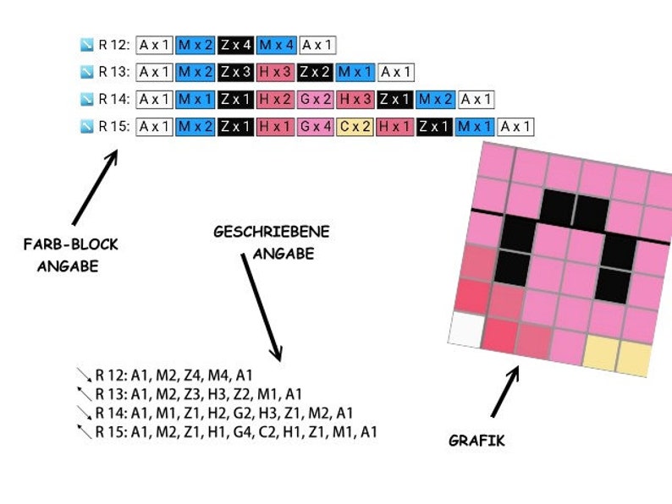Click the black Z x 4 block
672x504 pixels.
(x=236, y=45)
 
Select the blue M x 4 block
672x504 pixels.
(x=277, y=45)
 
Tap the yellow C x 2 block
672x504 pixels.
(x=355, y=127)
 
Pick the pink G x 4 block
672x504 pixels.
(x=316, y=127)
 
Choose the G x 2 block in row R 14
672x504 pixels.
(x=316, y=99)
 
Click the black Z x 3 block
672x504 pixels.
(x=236, y=72)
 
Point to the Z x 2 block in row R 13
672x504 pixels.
(x=315, y=72)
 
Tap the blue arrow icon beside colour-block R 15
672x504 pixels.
(x=87, y=127)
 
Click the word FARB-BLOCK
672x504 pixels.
(x=71, y=244)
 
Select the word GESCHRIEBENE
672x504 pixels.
(x=272, y=232)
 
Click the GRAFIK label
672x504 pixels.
(x=476, y=441)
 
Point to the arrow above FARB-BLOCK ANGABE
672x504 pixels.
(x=95, y=187)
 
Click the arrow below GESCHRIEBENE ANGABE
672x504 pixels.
(x=262, y=308)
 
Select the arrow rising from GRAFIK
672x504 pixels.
(x=505, y=391)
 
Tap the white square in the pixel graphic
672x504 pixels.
(x=466, y=329)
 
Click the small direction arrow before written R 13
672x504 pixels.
(x=85, y=394)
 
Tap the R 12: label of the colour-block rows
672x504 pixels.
(x=114, y=45)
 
